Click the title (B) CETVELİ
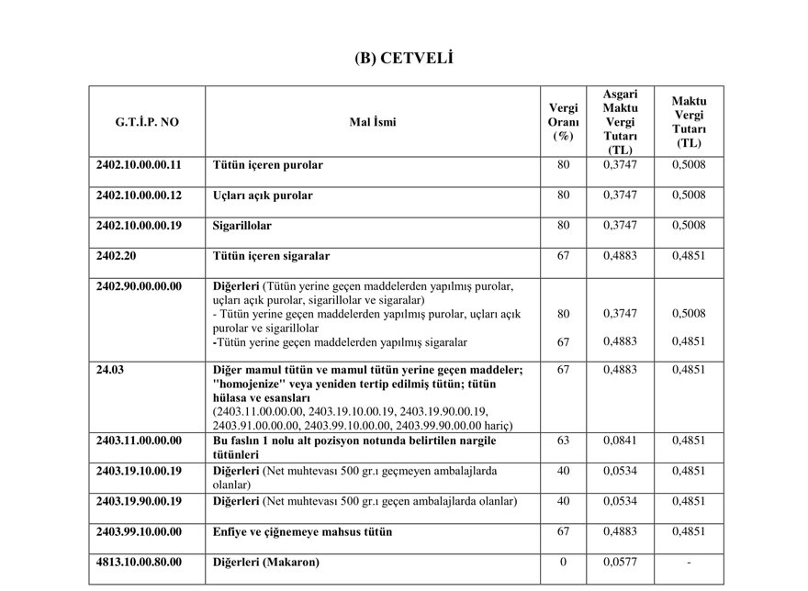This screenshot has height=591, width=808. [404, 59]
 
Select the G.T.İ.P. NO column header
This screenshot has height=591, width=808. [147, 120]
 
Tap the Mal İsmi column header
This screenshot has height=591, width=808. [373, 120]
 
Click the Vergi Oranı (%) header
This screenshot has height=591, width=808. [563, 120]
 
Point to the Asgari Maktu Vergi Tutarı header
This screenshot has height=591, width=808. [620, 121]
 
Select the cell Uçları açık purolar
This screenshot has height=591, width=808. [263, 195]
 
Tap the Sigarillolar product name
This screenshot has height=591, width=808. [241, 225]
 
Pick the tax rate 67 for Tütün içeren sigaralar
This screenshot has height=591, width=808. [563, 255]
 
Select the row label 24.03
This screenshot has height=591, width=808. [109, 370]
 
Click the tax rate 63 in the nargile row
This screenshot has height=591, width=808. [563, 440]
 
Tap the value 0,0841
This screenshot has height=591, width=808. [620, 440]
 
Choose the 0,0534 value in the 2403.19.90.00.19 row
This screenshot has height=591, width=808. [620, 501]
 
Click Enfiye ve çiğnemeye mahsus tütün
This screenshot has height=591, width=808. [302, 531]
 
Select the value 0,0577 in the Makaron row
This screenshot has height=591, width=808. [620, 562]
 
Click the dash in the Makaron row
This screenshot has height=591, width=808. [688, 562]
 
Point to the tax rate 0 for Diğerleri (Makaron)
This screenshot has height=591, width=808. [563, 562]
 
